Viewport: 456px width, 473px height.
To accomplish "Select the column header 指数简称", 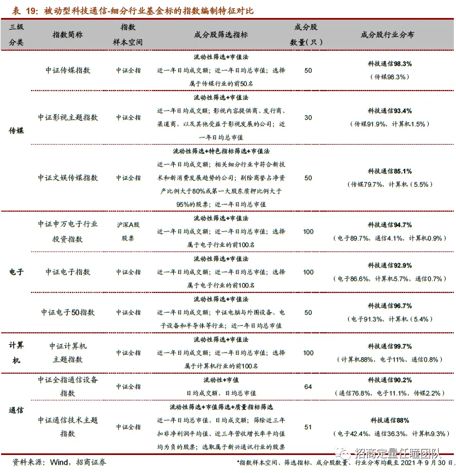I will tap(68, 34).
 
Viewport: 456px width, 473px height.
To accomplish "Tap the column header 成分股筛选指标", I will tap(221, 34).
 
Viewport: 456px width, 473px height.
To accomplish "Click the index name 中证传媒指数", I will tap(68, 70).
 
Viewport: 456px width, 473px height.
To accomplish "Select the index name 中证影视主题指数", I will tap(68, 117).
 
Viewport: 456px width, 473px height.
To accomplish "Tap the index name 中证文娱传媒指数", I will tap(68, 178).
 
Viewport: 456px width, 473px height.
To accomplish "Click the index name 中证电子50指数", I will tap(68, 312).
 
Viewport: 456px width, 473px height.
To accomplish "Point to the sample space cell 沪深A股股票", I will tap(128, 231).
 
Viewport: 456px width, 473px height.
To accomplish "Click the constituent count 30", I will tap(308, 117).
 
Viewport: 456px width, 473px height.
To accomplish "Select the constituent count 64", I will tap(308, 387).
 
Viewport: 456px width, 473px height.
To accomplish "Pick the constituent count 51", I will tap(308, 427).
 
